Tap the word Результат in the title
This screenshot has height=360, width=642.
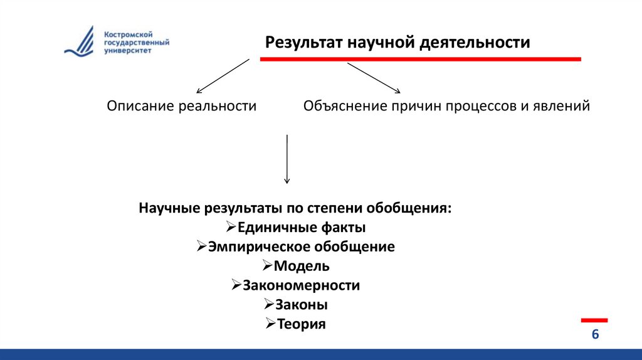302,43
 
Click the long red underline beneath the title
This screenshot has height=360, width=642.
420,59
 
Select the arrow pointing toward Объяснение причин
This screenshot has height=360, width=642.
374,78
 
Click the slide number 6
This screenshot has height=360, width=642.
595,334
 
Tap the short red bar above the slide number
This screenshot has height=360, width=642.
594,320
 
